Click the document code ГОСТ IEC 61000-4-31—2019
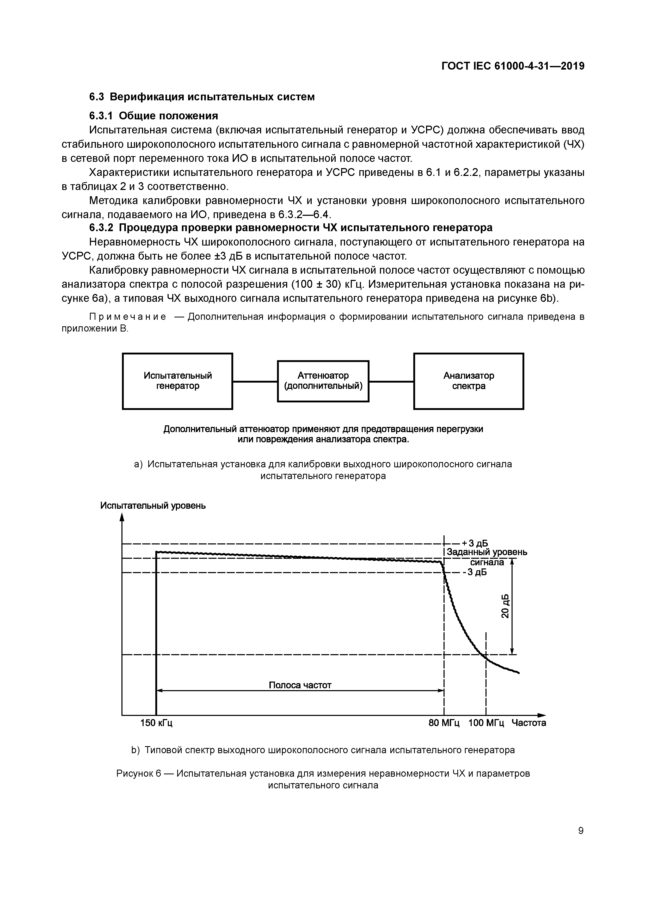click(513, 66)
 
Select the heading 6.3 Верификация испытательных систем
click(202, 97)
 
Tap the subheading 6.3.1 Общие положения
click(154, 116)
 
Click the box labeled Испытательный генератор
click(177, 381)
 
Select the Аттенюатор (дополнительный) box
click(323, 381)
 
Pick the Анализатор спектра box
click(469, 381)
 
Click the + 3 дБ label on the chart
click(475, 544)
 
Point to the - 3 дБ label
click(475, 572)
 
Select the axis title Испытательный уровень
click(153, 506)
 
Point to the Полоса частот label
click(300, 685)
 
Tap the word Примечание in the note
click(128, 317)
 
